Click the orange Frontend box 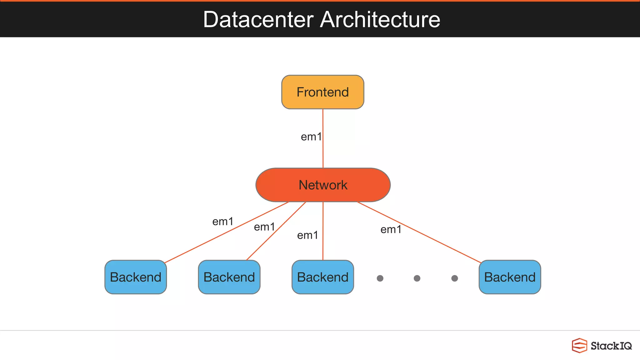click(x=322, y=92)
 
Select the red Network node click(x=323, y=185)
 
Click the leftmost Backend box click(x=136, y=277)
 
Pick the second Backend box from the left click(x=229, y=277)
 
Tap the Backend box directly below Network click(x=322, y=277)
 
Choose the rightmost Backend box click(x=510, y=277)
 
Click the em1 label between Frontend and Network click(x=311, y=137)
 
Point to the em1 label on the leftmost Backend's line click(x=222, y=222)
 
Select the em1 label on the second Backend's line click(x=264, y=227)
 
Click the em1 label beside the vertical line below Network click(x=307, y=235)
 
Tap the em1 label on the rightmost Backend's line click(x=391, y=230)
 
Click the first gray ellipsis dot click(x=380, y=278)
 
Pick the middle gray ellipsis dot click(x=417, y=278)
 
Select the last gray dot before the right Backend click(x=455, y=278)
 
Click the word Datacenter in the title click(x=258, y=19)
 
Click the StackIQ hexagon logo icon click(x=579, y=345)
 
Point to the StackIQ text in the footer click(x=611, y=346)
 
